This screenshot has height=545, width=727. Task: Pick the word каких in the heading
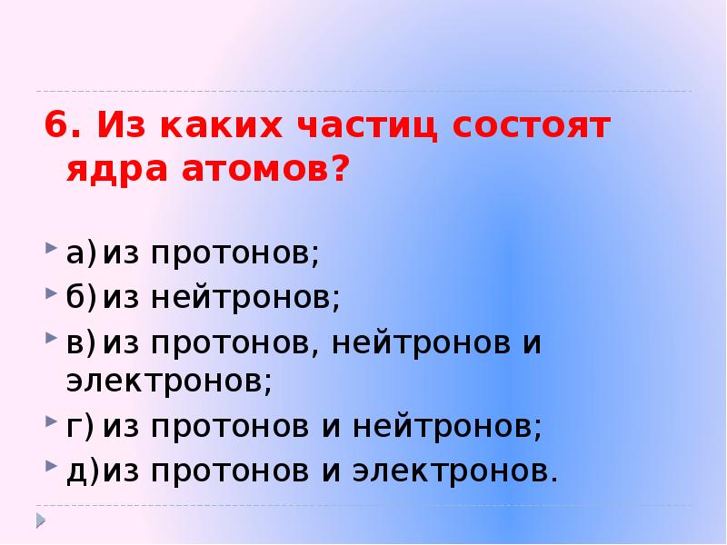coord(209,125)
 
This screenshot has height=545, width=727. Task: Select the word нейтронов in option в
coord(422,343)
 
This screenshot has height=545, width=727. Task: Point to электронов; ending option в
coord(169,382)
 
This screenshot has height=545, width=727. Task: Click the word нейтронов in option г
coord(448,427)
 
